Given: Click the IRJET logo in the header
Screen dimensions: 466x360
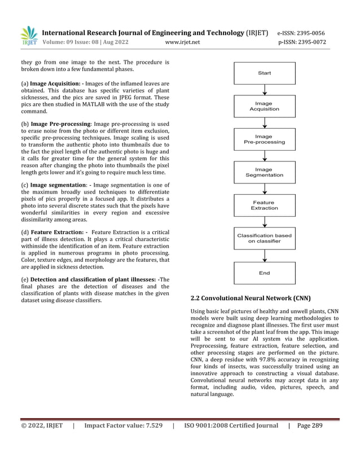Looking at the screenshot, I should point(29,36).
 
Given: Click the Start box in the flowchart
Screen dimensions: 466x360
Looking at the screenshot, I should point(264,73).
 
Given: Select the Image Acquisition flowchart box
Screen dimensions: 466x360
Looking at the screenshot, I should point(264,106).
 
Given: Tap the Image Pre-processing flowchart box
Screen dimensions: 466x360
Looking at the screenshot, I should point(264,139).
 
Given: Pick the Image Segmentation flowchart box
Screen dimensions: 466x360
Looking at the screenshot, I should point(264,172).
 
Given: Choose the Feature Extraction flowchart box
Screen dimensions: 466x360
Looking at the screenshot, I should point(264,205).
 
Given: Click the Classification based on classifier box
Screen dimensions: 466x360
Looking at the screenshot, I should point(264,238).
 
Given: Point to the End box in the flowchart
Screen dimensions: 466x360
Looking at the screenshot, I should point(264,273).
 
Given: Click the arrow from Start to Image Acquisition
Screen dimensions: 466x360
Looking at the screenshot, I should point(264,89).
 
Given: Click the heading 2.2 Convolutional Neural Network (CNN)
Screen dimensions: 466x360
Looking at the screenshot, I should point(251,298).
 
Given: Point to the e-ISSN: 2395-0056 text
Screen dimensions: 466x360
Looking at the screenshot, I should point(301,33).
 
